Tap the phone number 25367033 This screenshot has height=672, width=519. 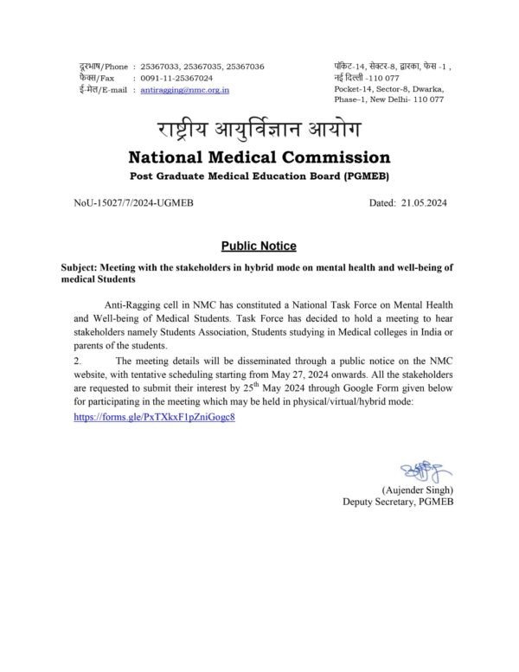click(x=159, y=67)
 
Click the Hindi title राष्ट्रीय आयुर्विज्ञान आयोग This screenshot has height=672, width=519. click(x=259, y=131)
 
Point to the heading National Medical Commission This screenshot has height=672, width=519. click(x=259, y=157)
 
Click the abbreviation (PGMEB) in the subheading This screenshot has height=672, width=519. click(x=361, y=176)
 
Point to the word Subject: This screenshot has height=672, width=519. click(x=81, y=268)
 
